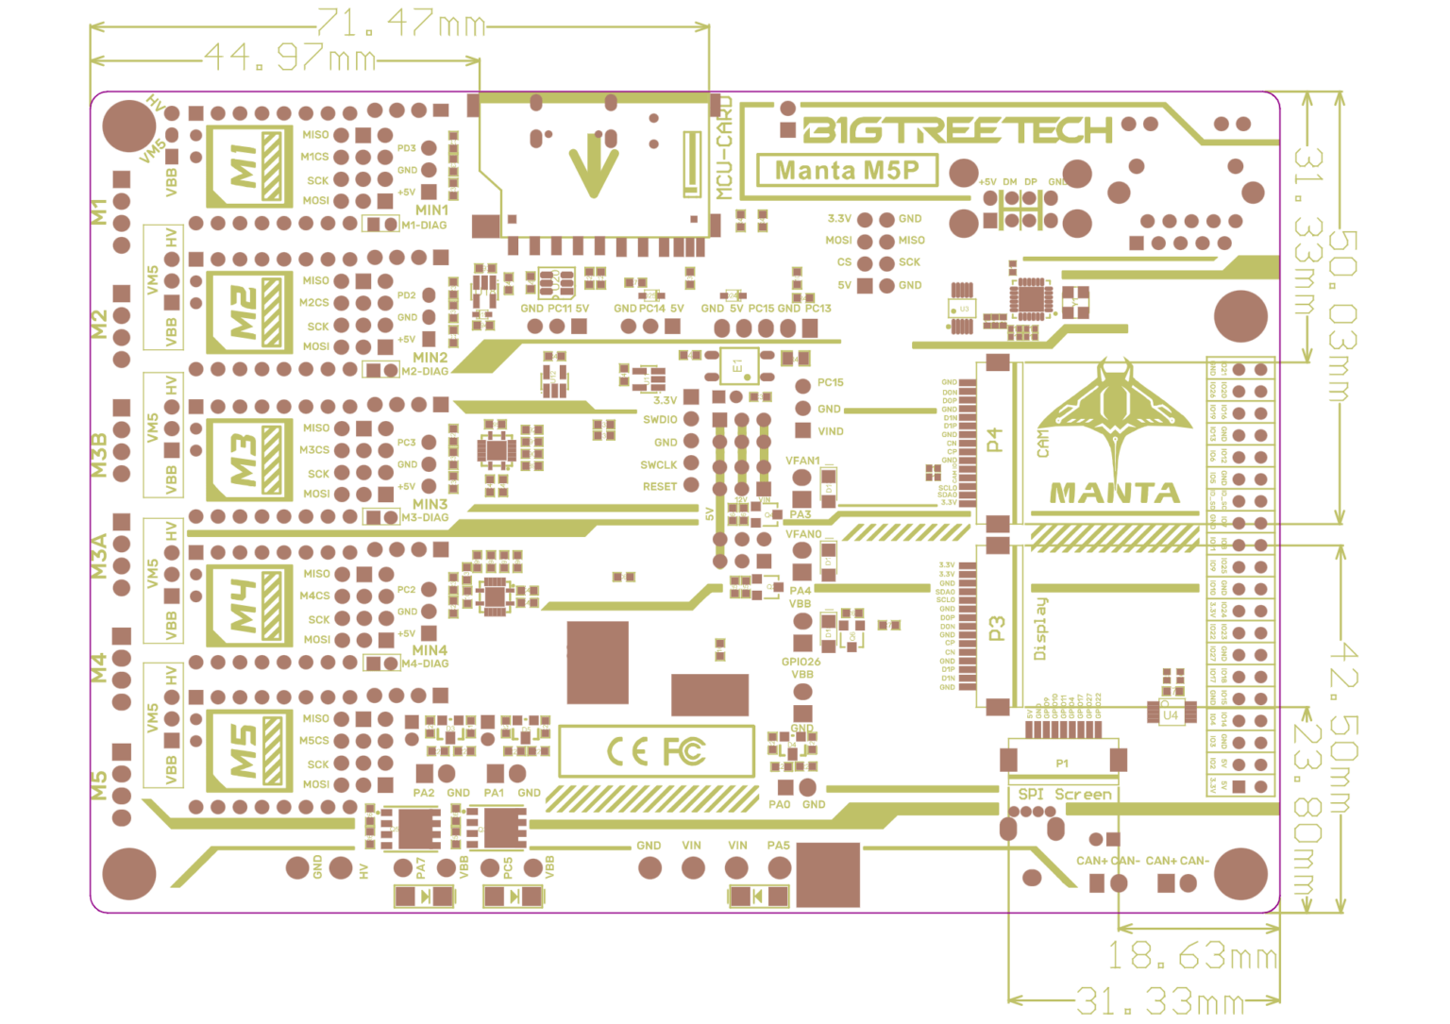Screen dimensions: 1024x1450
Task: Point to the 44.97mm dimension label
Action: pos(290,59)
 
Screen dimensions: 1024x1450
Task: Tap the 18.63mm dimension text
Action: pos(1191,956)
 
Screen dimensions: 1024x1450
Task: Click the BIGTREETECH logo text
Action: pos(958,130)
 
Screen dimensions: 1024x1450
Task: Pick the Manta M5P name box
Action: pos(847,171)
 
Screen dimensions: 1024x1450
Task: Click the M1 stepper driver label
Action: pos(244,165)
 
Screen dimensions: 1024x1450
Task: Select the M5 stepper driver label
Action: pos(244,750)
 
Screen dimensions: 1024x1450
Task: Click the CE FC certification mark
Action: pos(656,751)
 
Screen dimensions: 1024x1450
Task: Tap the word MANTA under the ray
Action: pos(1114,493)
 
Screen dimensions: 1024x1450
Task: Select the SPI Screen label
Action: pos(1065,795)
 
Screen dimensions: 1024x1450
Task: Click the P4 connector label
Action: pos(994,441)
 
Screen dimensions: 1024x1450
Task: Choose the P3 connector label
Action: pos(996,628)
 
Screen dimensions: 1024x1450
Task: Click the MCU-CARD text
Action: pos(724,148)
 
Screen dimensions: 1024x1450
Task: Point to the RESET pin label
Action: pos(660,487)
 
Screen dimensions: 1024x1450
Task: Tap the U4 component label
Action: pos(1171,715)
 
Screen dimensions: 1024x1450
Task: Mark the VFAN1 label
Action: pos(802,462)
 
